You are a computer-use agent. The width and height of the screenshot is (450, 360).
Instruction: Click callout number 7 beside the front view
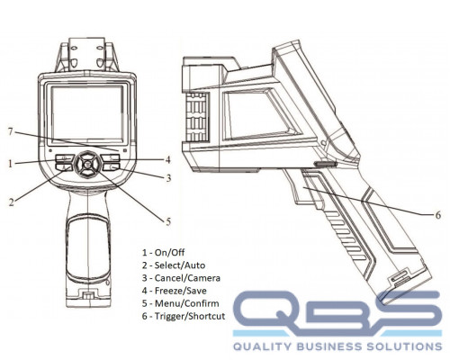click(11, 131)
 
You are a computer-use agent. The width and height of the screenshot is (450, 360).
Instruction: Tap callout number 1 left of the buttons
click(11, 164)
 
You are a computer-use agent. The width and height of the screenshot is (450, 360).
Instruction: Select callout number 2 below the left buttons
click(11, 202)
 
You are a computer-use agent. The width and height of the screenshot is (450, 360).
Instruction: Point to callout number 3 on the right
click(168, 178)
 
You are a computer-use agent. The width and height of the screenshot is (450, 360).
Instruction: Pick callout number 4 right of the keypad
click(168, 160)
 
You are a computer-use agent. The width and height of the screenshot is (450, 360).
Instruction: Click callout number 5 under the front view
click(168, 221)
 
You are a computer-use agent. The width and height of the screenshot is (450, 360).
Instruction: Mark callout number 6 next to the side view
click(438, 215)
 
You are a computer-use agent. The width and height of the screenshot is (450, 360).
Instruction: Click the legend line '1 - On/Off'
click(164, 253)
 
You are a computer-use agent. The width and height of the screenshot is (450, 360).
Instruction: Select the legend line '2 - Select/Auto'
click(174, 265)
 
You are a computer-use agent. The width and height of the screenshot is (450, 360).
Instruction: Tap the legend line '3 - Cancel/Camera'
click(181, 278)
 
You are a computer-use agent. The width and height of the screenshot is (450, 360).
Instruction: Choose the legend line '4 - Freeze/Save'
click(175, 291)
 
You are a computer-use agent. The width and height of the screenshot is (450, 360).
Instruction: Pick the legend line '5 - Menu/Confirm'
click(181, 303)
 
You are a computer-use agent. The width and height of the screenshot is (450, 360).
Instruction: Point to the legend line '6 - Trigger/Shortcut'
click(184, 316)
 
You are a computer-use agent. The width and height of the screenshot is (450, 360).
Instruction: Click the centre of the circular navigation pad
click(87, 164)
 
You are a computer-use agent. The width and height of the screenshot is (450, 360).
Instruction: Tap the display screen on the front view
click(87, 113)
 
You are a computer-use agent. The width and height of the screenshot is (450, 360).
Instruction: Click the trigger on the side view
click(295, 186)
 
